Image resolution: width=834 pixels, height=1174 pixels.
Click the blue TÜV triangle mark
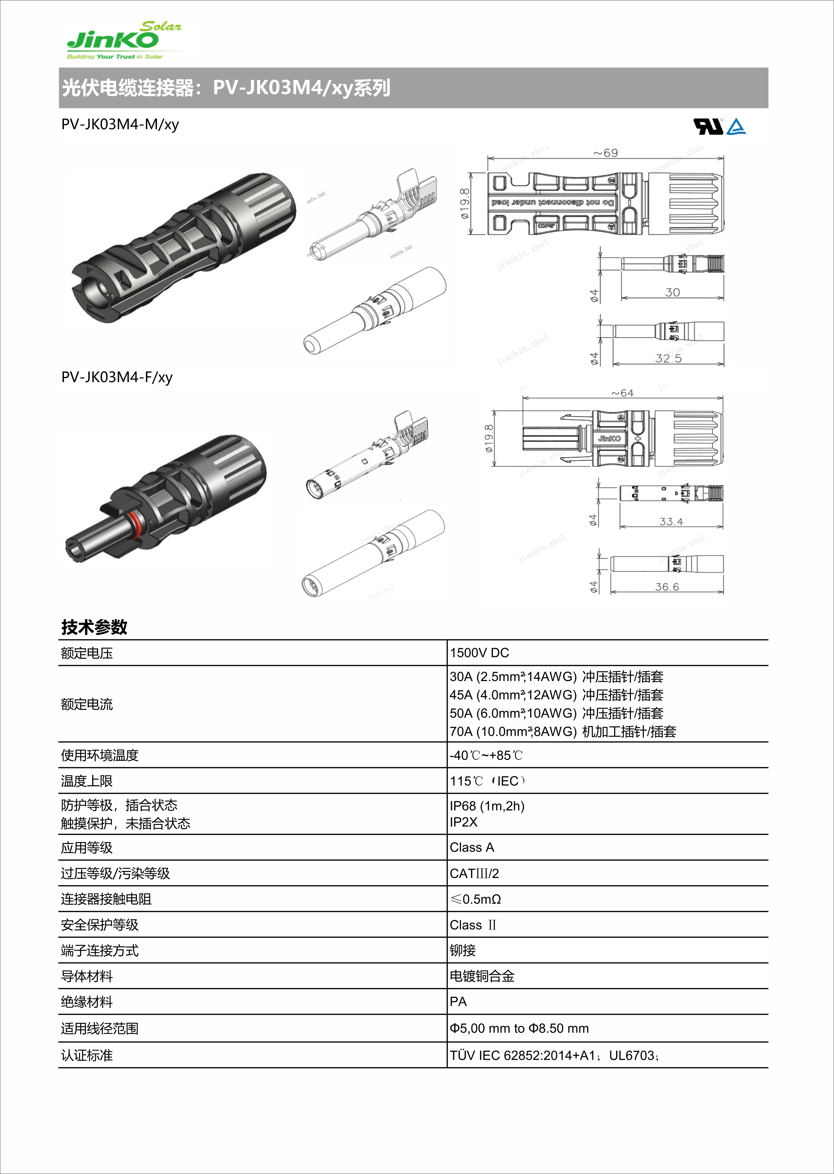click(x=737, y=126)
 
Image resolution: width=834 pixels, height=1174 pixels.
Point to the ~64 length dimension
click(x=623, y=393)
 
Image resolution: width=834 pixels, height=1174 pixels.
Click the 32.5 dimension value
click(x=668, y=358)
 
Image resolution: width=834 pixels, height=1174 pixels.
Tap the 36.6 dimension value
click(x=667, y=587)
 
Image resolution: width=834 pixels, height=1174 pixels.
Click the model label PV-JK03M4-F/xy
click(x=117, y=377)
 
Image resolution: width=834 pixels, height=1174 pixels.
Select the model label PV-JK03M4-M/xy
click(x=120, y=125)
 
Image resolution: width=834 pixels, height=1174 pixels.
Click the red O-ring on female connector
click(x=135, y=526)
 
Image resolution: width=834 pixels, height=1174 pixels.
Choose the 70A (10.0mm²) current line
click(x=562, y=731)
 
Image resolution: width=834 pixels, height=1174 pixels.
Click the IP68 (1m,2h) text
click(x=487, y=806)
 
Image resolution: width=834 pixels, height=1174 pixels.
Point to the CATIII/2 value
click(x=474, y=874)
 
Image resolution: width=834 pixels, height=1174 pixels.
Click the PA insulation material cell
click(x=458, y=1002)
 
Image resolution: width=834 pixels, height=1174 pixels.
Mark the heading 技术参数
click(x=94, y=627)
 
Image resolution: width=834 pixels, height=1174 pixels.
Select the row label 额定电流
click(x=86, y=704)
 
